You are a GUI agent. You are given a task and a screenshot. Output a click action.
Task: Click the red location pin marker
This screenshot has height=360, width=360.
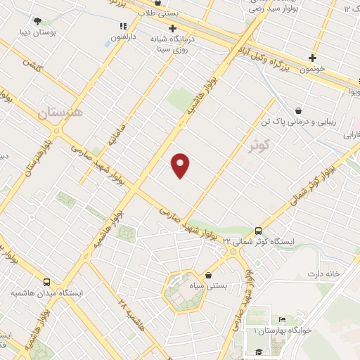click(x=181, y=165)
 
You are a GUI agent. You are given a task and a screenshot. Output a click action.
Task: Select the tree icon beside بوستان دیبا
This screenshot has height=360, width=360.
click(x=36, y=20)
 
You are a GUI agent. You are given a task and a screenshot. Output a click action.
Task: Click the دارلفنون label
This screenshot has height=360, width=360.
click(x=122, y=38)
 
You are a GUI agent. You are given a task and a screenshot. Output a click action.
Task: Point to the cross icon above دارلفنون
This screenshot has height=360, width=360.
click(x=123, y=27)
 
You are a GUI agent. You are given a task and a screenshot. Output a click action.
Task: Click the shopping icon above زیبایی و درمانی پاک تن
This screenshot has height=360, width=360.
click(x=299, y=110)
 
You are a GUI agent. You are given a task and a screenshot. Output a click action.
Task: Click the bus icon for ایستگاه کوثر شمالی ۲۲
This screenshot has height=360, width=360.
click(x=258, y=230)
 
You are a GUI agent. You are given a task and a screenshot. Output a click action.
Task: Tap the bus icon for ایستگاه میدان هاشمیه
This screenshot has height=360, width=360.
click(x=46, y=280)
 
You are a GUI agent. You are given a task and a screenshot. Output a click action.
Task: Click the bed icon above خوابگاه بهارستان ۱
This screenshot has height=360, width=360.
click(x=282, y=319)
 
